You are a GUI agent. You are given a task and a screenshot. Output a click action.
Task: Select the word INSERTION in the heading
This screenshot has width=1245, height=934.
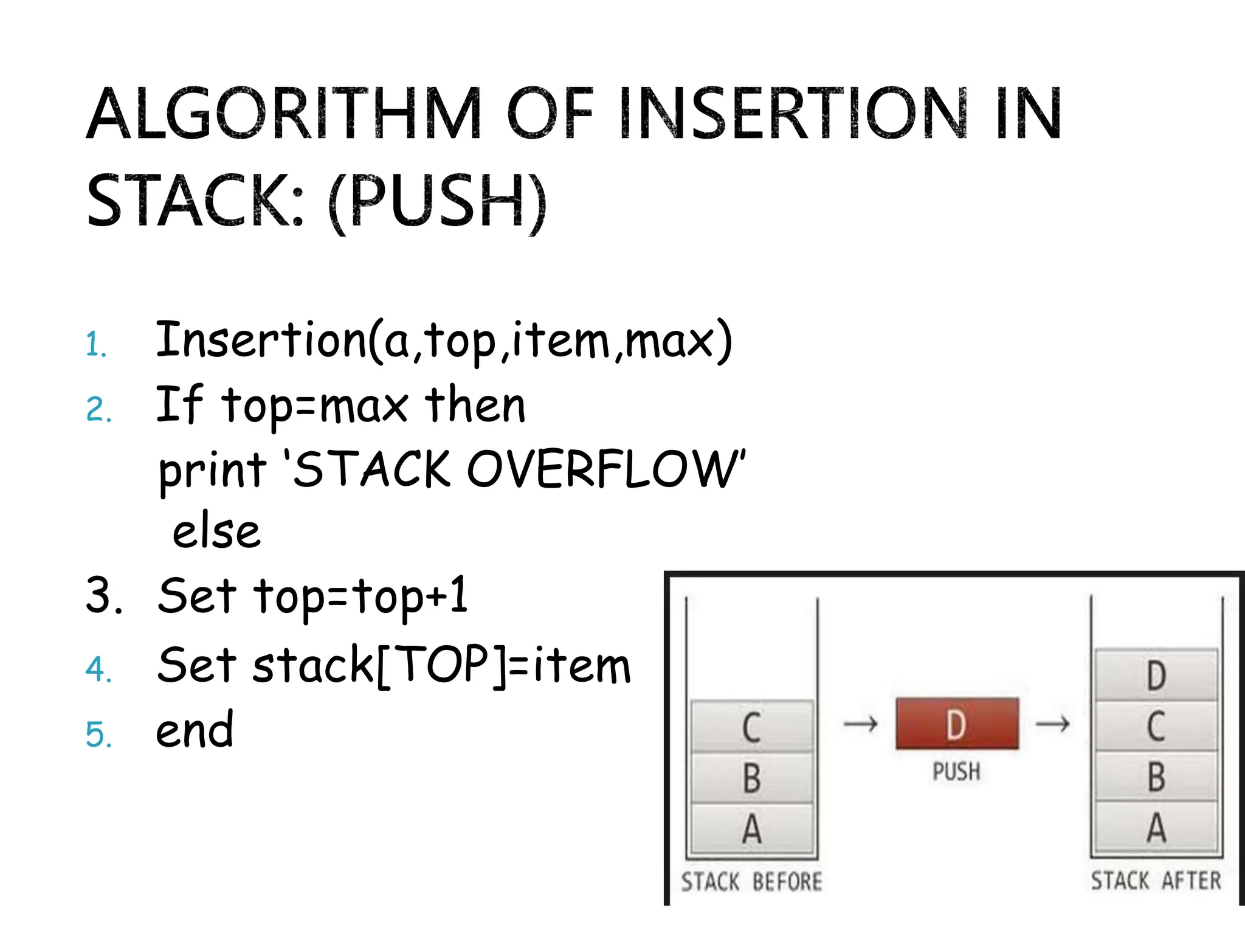click(x=793, y=114)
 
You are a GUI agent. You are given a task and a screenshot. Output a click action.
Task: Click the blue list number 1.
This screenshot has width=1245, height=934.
click(x=96, y=345)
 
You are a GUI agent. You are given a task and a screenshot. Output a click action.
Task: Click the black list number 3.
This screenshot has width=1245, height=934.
click(x=103, y=595)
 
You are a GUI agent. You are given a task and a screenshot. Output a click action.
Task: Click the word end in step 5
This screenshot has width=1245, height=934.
click(x=195, y=730)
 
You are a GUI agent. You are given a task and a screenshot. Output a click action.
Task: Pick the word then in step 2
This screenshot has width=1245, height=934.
click(x=475, y=405)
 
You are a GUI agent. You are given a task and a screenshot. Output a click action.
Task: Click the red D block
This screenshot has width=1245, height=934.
click(x=957, y=724)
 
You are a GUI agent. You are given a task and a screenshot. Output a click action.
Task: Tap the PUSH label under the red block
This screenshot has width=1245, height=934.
click(x=957, y=772)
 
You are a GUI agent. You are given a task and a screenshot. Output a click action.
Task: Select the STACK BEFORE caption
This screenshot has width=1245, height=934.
click(x=751, y=881)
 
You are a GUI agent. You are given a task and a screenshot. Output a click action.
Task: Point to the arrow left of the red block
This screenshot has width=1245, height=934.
click(x=861, y=724)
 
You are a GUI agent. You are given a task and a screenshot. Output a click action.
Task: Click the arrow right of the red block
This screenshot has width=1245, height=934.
click(x=1053, y=724)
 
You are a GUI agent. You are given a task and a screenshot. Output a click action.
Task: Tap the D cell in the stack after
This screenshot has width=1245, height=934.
click(x=1156, y=675)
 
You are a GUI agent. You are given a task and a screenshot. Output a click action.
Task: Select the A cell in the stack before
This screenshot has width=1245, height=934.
click(x=752, y=829)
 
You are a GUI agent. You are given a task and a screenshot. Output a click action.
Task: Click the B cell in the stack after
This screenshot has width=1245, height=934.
click(x=1156, y=777)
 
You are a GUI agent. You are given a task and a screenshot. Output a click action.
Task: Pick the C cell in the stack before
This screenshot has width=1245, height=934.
click(x=752, y=727)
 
